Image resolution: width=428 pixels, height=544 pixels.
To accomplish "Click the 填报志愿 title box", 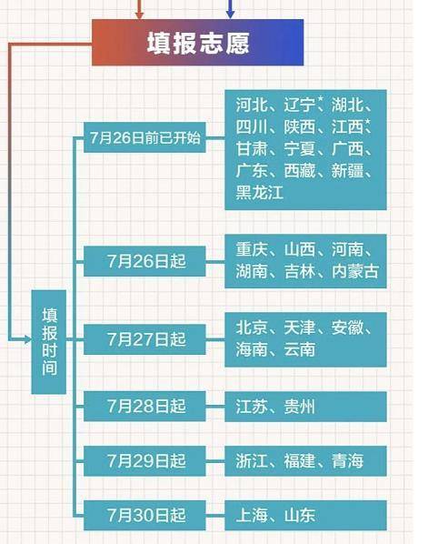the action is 197,43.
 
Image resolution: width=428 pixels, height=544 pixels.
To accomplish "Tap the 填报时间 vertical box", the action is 49,342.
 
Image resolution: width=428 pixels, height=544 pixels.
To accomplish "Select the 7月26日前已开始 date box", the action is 144,137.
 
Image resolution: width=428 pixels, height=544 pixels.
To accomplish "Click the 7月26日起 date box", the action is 144,261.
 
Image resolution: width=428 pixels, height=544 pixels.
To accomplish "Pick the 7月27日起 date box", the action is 144,339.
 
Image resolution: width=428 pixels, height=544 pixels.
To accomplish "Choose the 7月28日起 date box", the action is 144,406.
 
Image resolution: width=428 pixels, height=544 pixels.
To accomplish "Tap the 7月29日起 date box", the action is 144,460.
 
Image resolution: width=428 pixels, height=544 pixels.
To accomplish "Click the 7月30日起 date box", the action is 144,515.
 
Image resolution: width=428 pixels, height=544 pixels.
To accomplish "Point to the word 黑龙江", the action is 260,192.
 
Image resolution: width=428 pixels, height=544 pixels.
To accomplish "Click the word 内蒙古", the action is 355,271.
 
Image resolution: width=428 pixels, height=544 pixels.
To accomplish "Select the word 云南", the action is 300,349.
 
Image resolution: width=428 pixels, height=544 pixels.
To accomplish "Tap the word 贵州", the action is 300,407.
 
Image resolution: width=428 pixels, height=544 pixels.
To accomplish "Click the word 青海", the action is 347,461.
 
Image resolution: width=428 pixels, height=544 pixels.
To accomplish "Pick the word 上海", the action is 252,516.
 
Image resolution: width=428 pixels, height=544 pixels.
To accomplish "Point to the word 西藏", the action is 300,171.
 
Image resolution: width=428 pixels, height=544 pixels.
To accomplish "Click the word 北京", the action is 252,327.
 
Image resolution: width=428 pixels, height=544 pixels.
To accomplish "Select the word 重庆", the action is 252,249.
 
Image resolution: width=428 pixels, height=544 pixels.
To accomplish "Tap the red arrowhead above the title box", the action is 139,15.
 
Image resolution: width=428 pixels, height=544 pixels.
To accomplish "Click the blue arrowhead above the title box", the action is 231,15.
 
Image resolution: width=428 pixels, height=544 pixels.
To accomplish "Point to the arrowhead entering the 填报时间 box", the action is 27,339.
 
